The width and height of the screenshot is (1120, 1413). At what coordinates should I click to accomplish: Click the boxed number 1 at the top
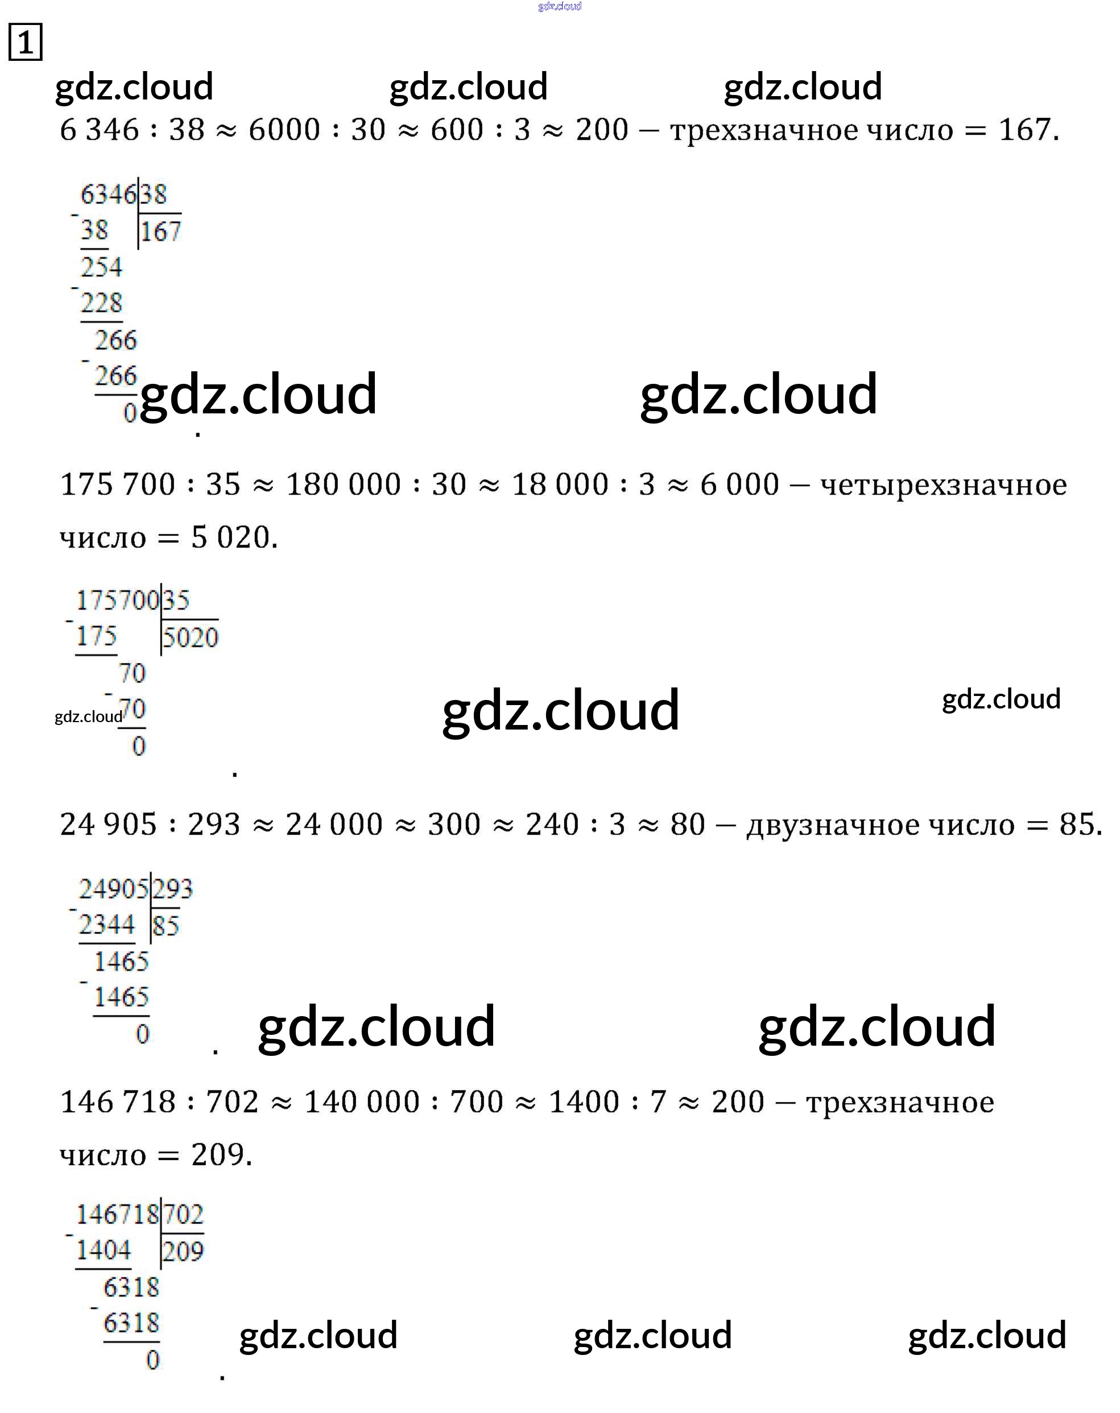(25, 43)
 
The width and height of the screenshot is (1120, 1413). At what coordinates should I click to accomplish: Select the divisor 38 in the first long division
(154, 194)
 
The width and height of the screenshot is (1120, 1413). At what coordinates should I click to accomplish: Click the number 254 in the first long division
(101, 267)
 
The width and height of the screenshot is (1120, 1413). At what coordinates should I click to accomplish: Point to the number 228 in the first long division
(101, 303)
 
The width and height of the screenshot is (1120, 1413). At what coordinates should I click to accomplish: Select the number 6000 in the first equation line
(284, 130)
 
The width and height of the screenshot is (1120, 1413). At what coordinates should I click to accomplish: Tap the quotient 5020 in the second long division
(190, 637)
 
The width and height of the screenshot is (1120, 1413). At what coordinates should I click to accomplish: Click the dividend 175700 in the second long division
(117, 600)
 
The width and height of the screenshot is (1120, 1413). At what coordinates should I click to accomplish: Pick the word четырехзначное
(944, 485)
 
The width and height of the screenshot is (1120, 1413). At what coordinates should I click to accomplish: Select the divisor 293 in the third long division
(173, 889)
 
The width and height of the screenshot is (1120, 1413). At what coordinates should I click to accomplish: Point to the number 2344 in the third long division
(107, 925)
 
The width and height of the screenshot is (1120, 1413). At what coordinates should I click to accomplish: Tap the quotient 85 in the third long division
(166, 926)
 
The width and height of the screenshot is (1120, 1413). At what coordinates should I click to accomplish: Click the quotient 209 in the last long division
(183, 1252)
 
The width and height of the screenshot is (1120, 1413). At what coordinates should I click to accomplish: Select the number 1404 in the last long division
(104, 1250)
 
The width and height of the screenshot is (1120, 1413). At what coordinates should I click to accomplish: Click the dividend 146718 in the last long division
(117, 1215)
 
